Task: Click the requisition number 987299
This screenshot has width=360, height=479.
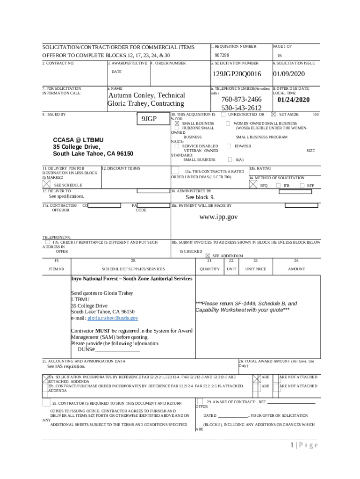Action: click(222, 55)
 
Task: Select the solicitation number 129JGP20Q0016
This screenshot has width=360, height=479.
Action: click(237, 74)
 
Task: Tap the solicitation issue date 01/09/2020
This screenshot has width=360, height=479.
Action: click(288, 74)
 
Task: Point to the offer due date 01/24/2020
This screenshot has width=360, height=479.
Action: click(293, 99)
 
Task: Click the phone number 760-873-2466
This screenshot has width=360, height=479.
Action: click(241, 99)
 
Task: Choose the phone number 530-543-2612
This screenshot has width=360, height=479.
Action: click(241, 108)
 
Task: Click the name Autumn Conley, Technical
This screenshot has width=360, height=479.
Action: click(146, 95)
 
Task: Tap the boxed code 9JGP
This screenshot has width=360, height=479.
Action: click(149, 119)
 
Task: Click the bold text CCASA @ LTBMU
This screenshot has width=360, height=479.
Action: click(79, 140)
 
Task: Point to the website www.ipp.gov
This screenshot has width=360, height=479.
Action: click(219, 217)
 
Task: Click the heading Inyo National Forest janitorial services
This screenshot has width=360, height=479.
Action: click(131, 279)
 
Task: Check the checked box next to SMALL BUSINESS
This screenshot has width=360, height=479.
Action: click(177, 123)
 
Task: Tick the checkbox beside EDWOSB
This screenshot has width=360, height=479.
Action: click(229, 146)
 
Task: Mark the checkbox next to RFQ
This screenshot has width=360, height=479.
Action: click(253, 185)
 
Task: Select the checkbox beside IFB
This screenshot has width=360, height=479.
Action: click(279, 186)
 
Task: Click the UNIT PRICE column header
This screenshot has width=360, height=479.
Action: click(256, 269)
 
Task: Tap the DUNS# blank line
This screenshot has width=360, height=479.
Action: click(117, 350)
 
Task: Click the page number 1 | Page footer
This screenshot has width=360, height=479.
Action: click(304, 445)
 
